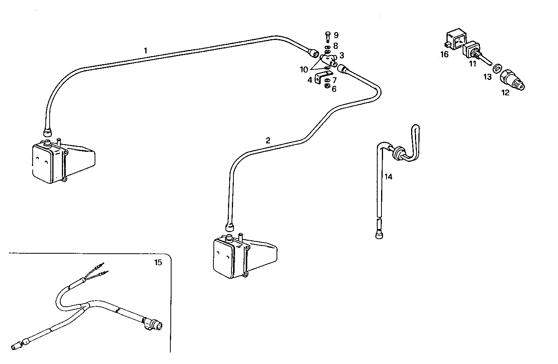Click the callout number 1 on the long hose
pyautogui.click(x=145, y=50)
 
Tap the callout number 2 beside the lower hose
pyautogui.click(x=268, y=140)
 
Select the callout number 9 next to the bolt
pyautogui.click(x=336, y=35)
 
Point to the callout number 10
pyautogui.click(x=304, y=70)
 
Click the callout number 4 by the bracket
pyautogui.click(x=310, y=80)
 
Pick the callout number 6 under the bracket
pyautogui.click(x=334, y=89)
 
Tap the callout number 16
pyautogui.click(x=444, y=55)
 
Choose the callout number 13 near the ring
pyautogui.click(x=487, y=77)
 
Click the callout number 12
pyautogui.click(x=505, y=92)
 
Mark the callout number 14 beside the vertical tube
pyautogui.click(x=388, y=177)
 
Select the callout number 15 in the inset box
pyautogui.click(x=158, y=263)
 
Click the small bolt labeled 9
pyautogui.click(x=327, y=37)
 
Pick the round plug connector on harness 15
pyautogui.click(x=153, y=324)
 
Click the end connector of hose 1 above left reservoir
pyautogui.click(x=47, y=132)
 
